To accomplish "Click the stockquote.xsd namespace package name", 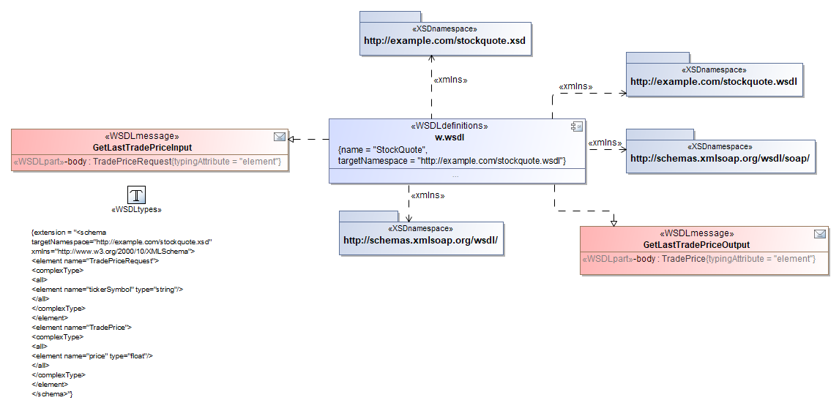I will (x=444, y=41).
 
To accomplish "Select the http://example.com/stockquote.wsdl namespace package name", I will (x=713, y=81).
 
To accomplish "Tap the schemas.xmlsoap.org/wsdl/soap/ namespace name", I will (x=720, y=158).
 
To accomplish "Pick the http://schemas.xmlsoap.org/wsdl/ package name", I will (x=420, y=240).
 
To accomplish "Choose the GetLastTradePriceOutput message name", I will (x=696, y=245).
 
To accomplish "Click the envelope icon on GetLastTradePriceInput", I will (x=279, y=136).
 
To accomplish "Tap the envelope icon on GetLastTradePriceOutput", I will (x=820, y=234).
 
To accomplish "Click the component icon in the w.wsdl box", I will (x=576, y=127).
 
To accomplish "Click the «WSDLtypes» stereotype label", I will (x=136, y=210).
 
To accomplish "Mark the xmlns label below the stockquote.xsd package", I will (x=450, y=80).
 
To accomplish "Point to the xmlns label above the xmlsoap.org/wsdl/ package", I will (x=428, y=195).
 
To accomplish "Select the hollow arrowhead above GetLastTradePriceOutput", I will (x=614, y=222).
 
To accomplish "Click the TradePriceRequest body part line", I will (x=147, y=162).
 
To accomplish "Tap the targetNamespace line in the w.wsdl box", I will (x=452, y=159).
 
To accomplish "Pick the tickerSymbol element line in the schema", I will (x=107, y=290).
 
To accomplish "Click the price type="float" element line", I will (x=92, y=356).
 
